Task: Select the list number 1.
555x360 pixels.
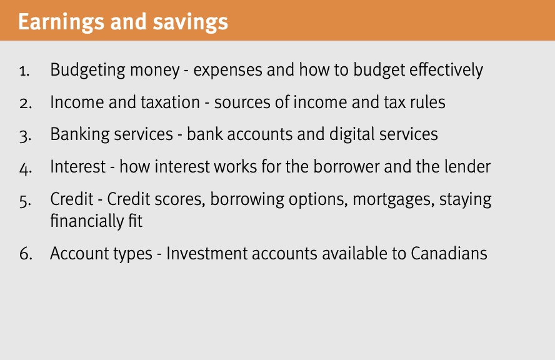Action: [x=24, y=71]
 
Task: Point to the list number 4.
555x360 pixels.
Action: [x=24, y=168]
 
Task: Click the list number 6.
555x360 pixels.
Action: [x=24, y=254]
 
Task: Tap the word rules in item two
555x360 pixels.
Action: [x=429, y=102]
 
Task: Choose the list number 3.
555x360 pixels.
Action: [x=24, y=136]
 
